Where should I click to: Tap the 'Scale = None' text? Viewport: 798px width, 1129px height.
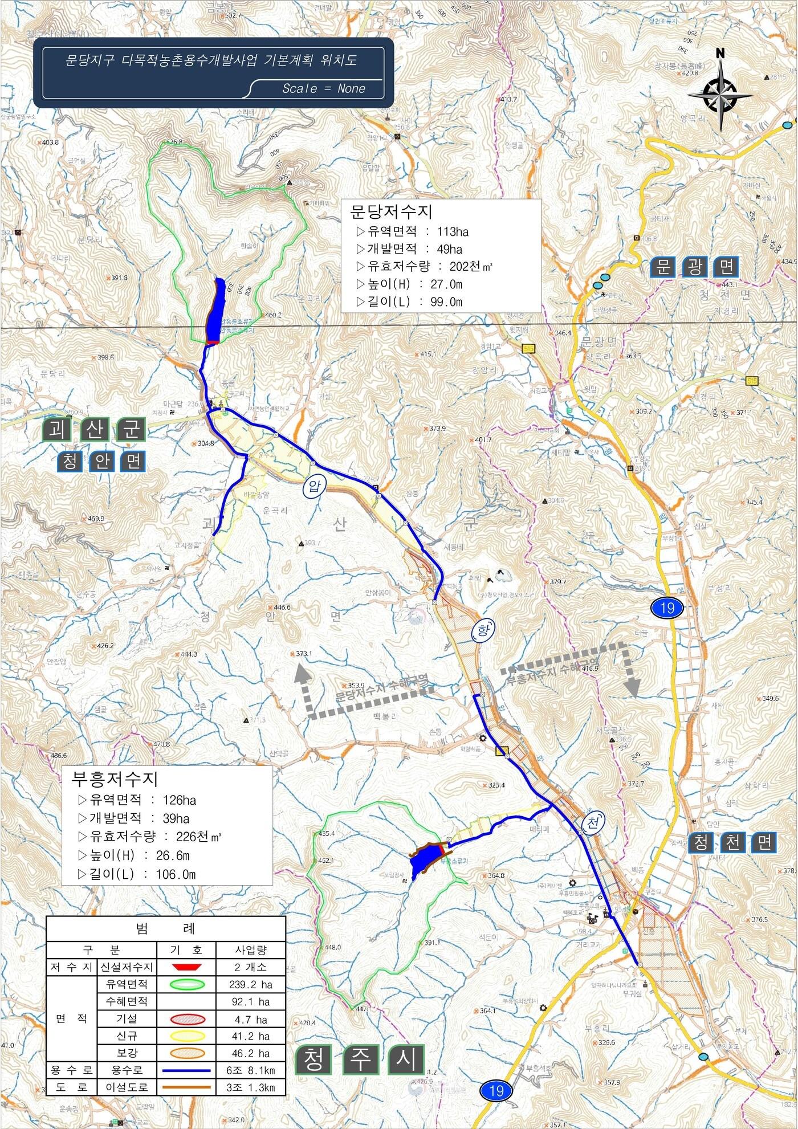coord(324,88)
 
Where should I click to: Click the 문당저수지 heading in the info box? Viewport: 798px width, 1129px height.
coord(391,212)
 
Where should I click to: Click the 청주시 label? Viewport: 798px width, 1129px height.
coord(360,1059)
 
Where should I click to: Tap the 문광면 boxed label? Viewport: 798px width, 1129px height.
coord(695,267)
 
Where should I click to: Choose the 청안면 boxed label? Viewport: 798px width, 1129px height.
coord(102,462)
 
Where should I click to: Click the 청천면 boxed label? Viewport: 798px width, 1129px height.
coord(733,842)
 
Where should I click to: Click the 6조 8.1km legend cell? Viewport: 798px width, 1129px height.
coord(250,1071)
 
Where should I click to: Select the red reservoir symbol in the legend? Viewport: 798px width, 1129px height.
coord(186,967)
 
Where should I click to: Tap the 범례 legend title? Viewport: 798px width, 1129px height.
coord(165,929)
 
